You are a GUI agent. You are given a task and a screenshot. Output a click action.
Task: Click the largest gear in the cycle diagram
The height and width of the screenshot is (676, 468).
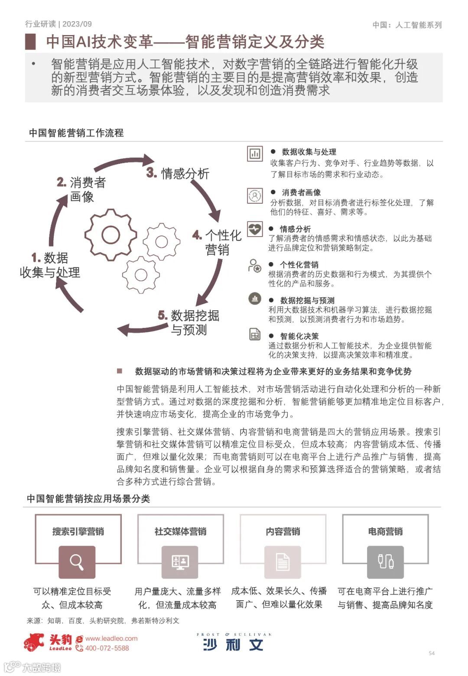110,235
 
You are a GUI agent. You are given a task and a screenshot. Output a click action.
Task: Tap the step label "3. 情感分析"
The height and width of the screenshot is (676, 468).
178,173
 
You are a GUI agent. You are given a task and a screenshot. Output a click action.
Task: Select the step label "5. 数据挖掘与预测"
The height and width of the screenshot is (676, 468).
189,322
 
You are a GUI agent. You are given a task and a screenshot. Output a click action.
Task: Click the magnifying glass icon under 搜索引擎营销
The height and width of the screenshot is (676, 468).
77,562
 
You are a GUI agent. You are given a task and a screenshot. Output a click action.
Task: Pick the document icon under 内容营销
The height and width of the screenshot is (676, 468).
283,562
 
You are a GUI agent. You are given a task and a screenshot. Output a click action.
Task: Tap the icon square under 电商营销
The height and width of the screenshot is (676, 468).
385,562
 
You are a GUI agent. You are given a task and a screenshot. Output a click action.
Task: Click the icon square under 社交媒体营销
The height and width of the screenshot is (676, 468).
180,562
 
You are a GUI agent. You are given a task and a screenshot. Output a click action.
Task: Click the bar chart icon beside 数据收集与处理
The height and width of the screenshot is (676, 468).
255,153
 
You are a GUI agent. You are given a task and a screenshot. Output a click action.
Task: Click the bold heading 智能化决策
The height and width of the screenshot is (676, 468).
299,336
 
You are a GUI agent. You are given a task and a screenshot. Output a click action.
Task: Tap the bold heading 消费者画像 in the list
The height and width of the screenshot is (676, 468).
301,192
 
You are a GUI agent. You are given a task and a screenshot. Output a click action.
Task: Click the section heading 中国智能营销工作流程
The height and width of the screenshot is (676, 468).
76,133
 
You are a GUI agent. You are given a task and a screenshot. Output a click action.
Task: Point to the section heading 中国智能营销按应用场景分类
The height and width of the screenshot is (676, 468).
88,499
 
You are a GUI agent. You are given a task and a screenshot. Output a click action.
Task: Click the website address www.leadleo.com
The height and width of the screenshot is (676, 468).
111,638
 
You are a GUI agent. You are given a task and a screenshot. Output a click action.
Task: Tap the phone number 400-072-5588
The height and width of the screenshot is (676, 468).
107,648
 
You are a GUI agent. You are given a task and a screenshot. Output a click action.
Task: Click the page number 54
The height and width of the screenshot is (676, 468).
432,653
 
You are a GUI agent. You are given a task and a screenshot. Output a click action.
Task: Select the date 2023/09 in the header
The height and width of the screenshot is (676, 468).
77,24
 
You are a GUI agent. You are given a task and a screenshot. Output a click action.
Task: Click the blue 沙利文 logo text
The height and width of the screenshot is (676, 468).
233,645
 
